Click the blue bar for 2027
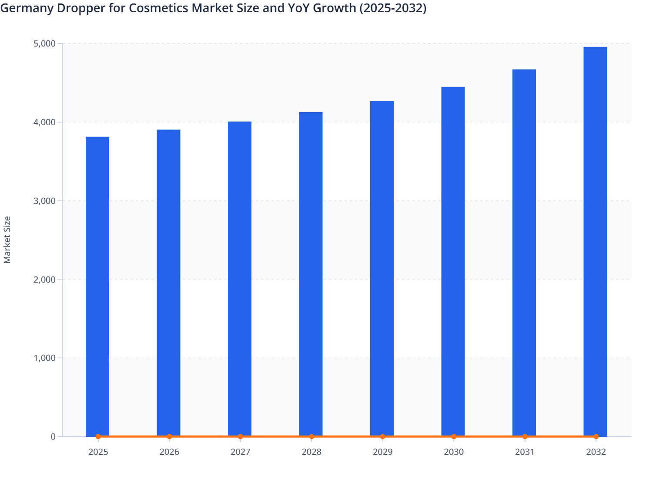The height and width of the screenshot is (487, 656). tap(240, 278)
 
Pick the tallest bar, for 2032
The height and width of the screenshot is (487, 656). tap(595, 241)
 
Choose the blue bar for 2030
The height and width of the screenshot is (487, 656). tap(453, 261)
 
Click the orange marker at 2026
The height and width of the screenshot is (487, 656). tap(169, 437)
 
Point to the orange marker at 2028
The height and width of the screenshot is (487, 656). tap(311, 437)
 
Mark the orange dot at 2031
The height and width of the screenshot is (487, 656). tap(525, 437)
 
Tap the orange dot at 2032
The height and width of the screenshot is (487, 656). tap(596, 437)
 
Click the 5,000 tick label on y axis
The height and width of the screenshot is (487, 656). tap(44, 43)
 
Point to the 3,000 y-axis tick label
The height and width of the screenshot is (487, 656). tap(44, 201)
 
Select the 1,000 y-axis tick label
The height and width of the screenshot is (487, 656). tap(44, 358)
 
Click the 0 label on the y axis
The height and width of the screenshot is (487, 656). tap(53, 437)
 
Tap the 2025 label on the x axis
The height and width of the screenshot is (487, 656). tap(98, 452)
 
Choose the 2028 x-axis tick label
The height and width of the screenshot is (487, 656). tap(311, 452)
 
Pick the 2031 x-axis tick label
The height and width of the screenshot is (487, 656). tap(525, 452)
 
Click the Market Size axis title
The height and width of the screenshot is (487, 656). tap(7, 240)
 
